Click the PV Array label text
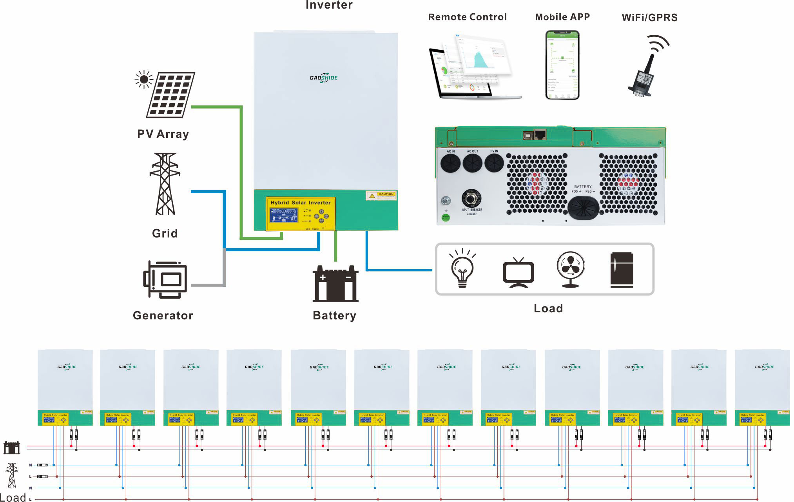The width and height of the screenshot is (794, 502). coord(163,134)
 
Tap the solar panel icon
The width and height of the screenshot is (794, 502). coord(170,94)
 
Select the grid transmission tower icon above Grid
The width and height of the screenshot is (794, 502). coord(165,184)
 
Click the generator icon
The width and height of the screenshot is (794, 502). coord(165,279)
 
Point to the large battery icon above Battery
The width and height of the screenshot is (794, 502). coord(335,284)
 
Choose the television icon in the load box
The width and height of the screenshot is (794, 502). coord(518,272)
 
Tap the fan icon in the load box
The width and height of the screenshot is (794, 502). coord(571,269)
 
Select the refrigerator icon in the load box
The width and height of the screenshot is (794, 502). coord(622,270)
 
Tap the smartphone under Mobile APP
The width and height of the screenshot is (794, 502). coord(562,65)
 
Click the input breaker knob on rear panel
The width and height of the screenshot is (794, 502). coord(471,198)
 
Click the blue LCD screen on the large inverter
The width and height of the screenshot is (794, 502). coord(284,215)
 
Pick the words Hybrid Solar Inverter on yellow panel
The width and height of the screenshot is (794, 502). coord(301,203)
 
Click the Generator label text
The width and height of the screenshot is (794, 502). coord(163,315)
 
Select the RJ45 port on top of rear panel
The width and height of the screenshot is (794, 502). coord(540,134)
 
